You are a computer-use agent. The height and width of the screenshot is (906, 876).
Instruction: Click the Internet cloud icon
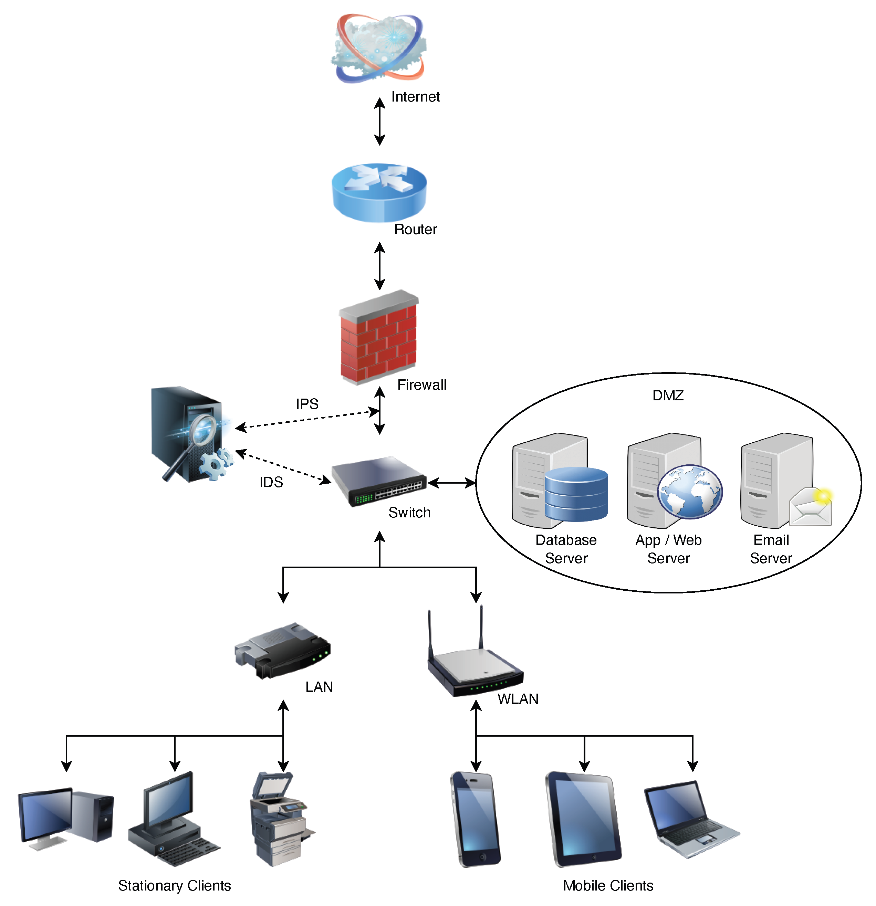click(378, 49)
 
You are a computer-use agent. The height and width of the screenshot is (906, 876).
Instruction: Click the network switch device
click(379, 481)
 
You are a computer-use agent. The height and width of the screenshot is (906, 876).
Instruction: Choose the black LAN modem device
click(283, 651)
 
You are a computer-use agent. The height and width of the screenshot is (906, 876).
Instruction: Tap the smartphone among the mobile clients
click(475, 819)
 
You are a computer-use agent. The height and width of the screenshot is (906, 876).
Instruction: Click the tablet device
click(584, 819)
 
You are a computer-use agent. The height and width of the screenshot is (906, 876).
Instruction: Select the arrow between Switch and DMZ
click(452, 483)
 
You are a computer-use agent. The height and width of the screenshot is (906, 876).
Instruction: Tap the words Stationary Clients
click(174, 886)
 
